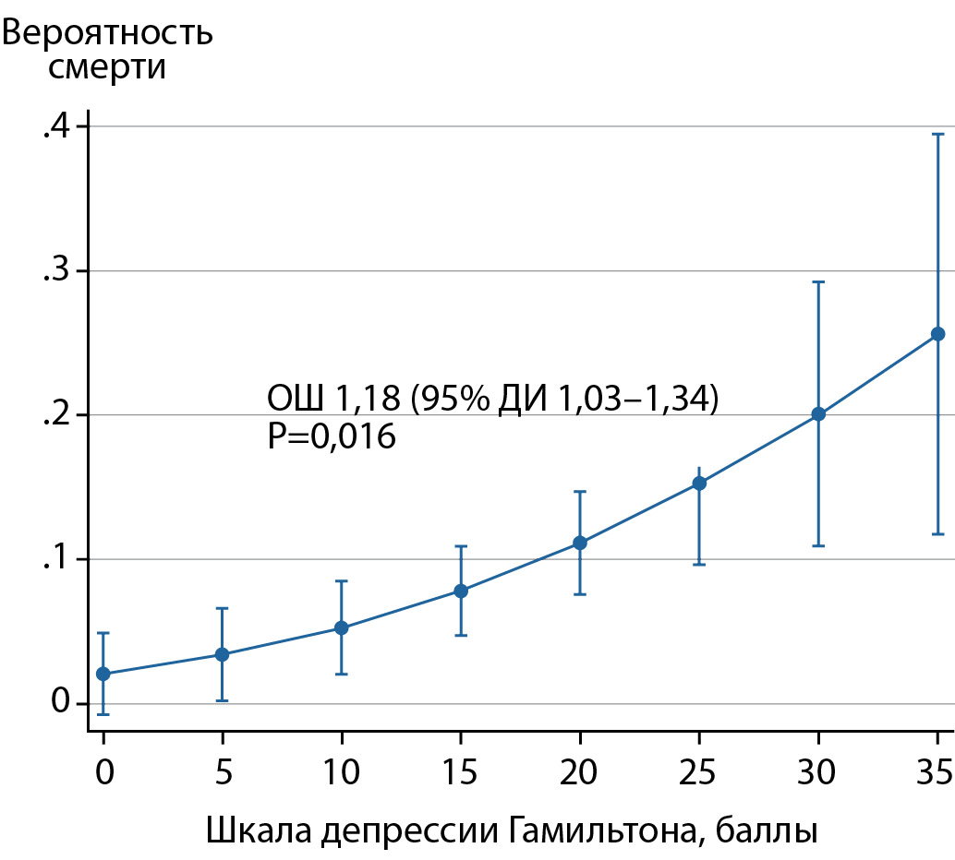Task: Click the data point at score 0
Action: (103, 674)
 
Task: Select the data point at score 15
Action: (461, 591)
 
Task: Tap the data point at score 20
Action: (580, 543)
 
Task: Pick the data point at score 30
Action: (818, 414)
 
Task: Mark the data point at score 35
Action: (937, 334)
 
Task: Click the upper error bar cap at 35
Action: (937, 134)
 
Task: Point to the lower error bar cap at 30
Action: (818, 545)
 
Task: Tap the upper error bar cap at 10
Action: (342, 580)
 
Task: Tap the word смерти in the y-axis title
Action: (108, 67)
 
